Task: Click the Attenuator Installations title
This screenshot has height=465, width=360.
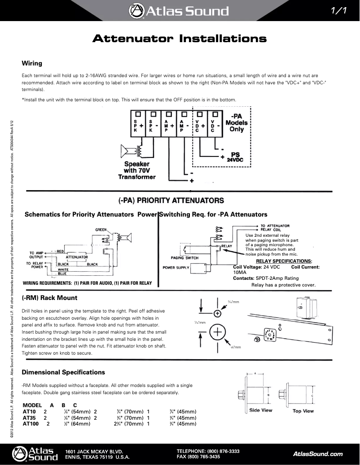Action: click(x=180, y=39)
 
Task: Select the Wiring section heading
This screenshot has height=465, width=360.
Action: click(x=32, y=63)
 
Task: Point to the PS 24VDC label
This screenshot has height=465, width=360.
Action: click(x=235, y=156)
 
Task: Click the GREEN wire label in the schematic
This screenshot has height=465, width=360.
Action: click(x=101, y=230)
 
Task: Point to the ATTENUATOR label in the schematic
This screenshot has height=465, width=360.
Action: click(x=77, y=257)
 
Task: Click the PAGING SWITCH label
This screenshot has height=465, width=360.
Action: click(x=184, y=258)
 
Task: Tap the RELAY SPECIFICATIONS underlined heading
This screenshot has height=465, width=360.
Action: click(x=283, y=261)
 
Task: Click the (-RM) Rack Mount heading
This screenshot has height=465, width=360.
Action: click(x=49, y=298)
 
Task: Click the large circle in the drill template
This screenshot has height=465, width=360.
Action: click(x=217, y=332)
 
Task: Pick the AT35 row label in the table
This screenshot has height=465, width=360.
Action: click(x=29, y=417)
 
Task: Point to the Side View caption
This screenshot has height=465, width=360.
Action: click(x=260, y=410)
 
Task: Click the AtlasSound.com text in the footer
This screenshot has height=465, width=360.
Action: click(x=317, y=454)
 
